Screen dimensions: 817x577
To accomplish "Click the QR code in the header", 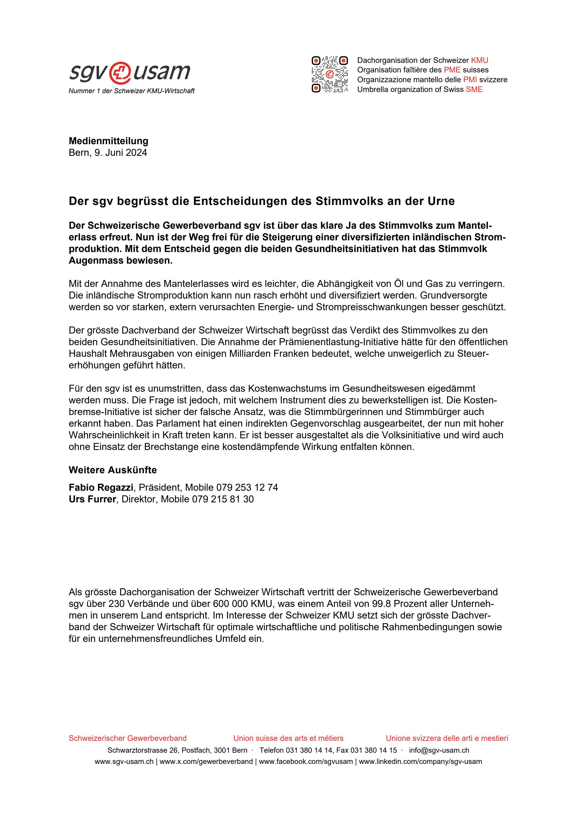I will (330, 74).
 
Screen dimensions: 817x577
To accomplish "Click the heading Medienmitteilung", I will (108, 141).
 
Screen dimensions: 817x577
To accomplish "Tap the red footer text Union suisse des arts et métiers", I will (288, 738).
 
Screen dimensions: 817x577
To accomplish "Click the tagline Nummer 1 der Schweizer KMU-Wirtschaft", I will (131, 91).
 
